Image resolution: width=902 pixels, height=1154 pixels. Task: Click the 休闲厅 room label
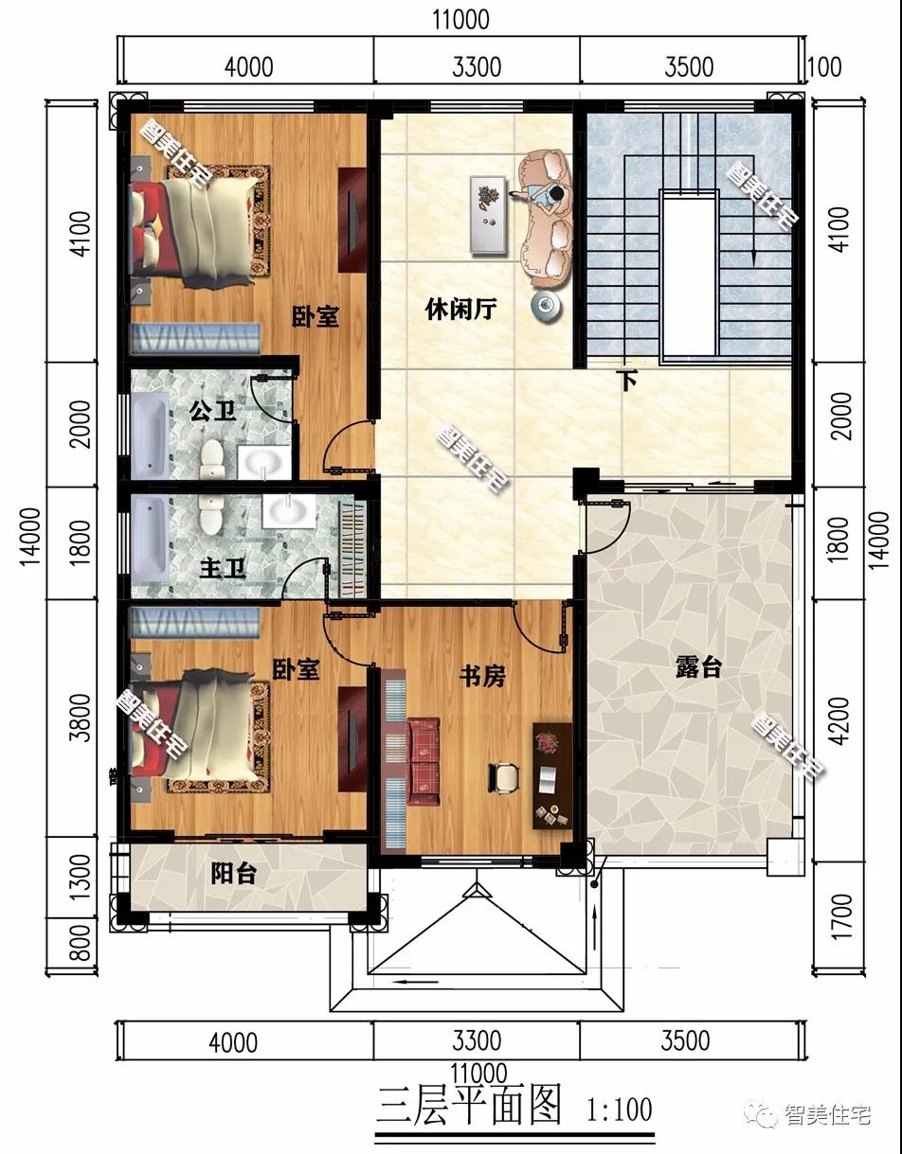click(x=460, y=310)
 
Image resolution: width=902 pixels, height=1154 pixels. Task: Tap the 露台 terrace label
click(x=698, y=667)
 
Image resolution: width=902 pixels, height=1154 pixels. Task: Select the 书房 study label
click(x=482, y=676)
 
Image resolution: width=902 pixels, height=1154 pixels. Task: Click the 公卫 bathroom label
click(x=212, y=411)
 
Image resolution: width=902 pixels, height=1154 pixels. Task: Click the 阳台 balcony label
click(x=233, y=874)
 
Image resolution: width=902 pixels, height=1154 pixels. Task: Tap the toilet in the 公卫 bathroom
click(x=211, y=457)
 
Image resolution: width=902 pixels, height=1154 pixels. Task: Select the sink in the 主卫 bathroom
click(x=287, y=511)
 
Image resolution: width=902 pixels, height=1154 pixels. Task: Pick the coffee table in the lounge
click(x=487, y=214)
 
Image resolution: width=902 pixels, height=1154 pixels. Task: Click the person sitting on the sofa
click(x=549, y=195)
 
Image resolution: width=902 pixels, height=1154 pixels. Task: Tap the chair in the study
click(x=505, y=775)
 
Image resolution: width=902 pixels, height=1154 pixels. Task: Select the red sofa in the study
click(x=423, y=762)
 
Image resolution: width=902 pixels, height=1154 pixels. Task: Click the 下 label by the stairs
click(x=626, y=381)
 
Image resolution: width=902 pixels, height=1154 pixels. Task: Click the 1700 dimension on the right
click(x=841, y=914)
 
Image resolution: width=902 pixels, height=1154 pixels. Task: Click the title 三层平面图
click(x=470, y=1106)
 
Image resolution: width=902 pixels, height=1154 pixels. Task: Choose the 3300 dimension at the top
click(x=477, y=66)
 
